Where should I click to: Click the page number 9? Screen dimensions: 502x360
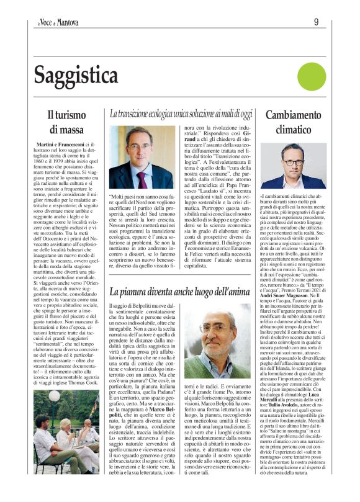pyautogui.click(x=316, y=23)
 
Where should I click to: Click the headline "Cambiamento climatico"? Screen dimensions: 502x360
pyautogui.click(x=294, y=122)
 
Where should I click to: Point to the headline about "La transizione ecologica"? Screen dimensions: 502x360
pyautogui.click(x=181, y=114)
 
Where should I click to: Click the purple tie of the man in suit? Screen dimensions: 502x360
pyautogui.click(x=142, y=178)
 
